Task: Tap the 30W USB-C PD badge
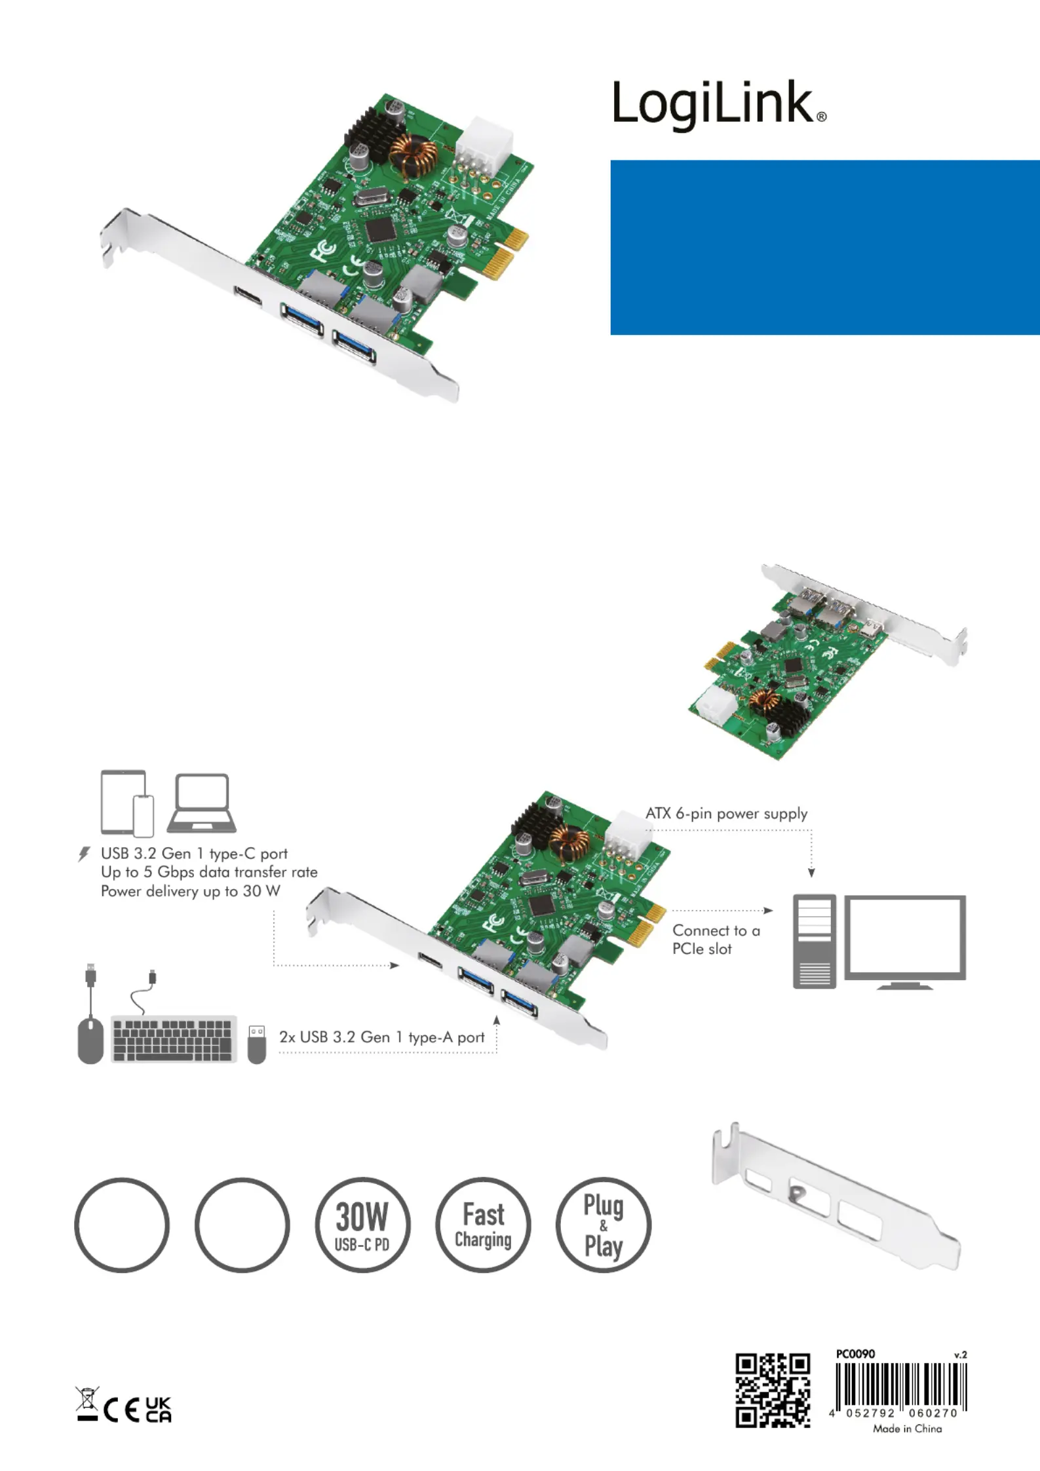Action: pos(362,1225)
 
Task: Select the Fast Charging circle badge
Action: pos(483,1225)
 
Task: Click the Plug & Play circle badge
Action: pos(604,1225)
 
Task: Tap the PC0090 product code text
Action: pos(855,1354)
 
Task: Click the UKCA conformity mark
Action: pos(158,1409)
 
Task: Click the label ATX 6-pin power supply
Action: pos(726,814)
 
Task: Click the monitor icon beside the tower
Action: pos(905,942)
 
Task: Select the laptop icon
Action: pos(202,803)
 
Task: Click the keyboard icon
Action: pos(174,1039)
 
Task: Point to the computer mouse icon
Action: pos(90,1040)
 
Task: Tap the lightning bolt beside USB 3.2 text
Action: pos(84,854)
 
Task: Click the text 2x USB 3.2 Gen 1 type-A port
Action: pos(382,1037)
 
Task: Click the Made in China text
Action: pos(907,1428)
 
